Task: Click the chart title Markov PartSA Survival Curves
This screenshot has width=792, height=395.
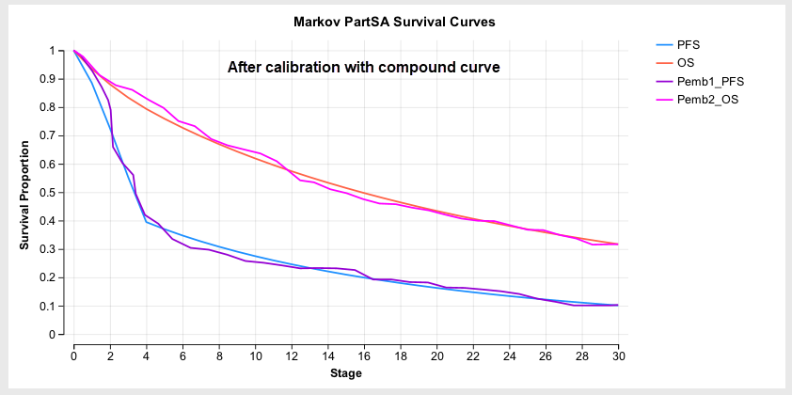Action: tap(394, 21)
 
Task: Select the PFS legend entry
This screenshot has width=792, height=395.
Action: tap(688, 44)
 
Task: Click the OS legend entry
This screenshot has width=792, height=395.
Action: tap(686, 62)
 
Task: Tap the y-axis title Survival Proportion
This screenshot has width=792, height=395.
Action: tap(25, 194)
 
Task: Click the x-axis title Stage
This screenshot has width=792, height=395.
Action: tap(346, 373)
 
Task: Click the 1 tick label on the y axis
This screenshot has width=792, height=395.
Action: tap(53, 51)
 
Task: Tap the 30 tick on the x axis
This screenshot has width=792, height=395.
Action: tap(618, 355)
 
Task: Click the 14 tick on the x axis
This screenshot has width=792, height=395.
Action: tap(327, 355)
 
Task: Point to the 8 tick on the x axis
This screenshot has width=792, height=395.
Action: tap(218, 355)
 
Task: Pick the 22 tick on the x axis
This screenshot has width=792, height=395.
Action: tap(473, 355)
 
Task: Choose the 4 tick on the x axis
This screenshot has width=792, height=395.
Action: tap(146, 355)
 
